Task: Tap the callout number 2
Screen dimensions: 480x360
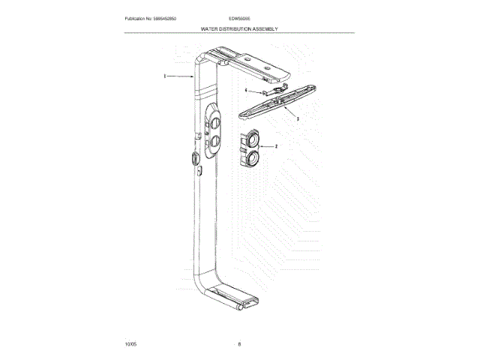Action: click(276, 146)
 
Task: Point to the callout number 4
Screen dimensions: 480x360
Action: click(246, 90)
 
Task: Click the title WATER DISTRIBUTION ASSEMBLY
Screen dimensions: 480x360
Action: click(239, 28)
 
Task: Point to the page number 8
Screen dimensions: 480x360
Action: click(239, 343)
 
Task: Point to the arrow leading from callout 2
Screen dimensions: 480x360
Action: click(265, 146)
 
